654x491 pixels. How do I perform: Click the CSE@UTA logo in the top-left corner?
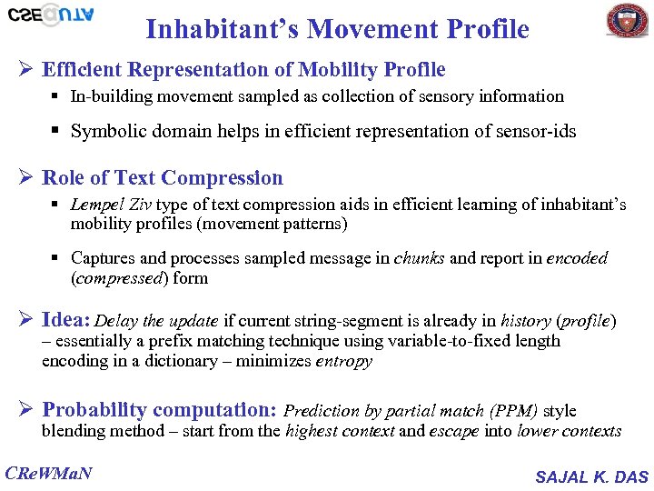coord(50,15)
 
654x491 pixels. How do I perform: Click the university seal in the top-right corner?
coord(627,20)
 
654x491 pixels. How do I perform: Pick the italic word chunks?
coord(420,258)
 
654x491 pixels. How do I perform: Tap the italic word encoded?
coord(577,258)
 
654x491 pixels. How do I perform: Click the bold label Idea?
coord(66,320)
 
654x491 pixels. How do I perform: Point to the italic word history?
coord(524,321)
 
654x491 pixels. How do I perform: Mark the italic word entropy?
coord(343,361)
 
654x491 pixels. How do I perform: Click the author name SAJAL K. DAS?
coord(591,476)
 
